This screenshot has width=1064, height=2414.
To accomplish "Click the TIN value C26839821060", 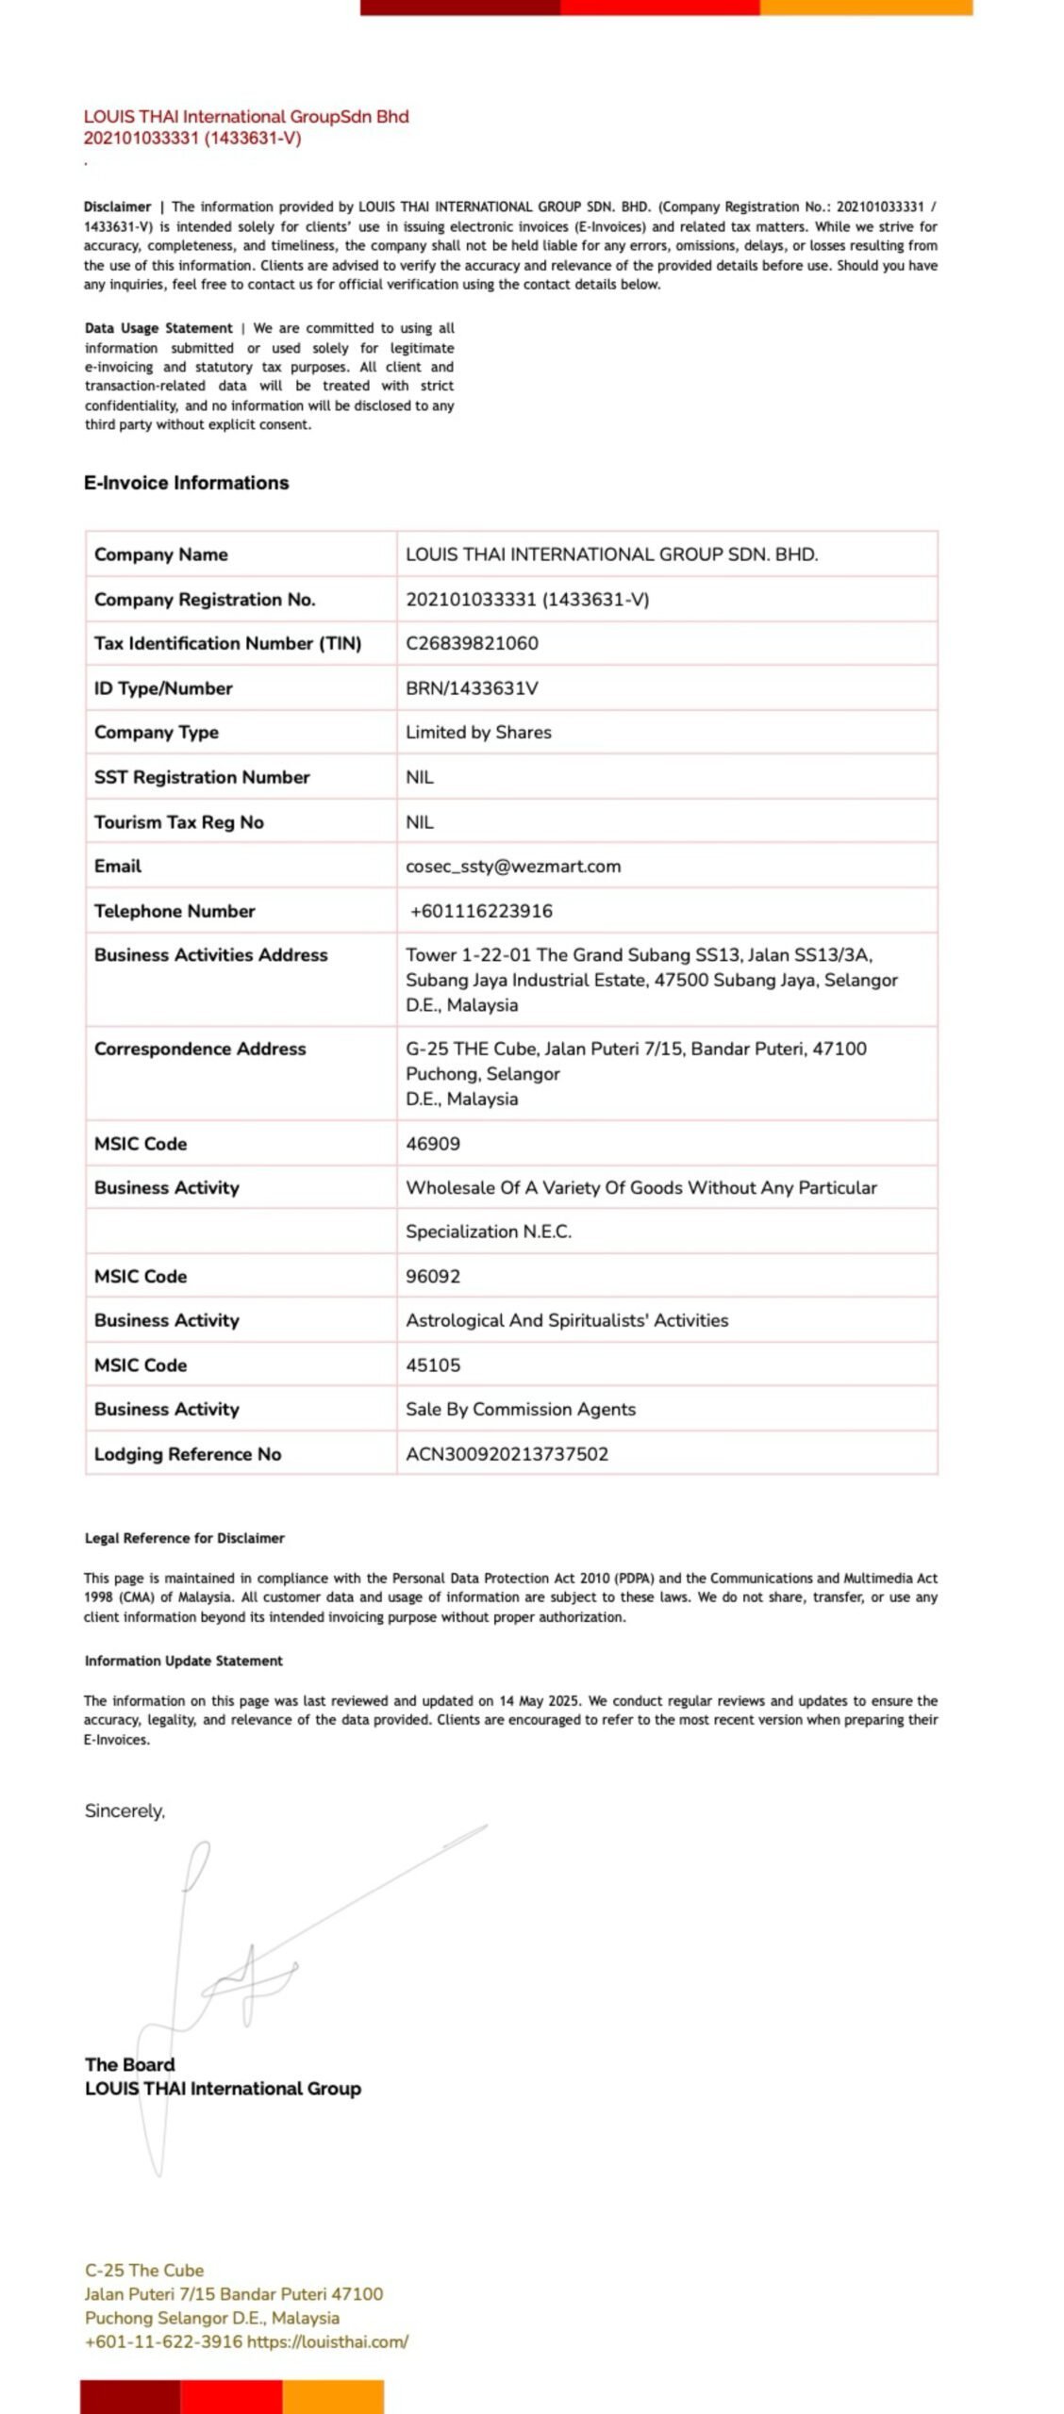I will [x=472, y=643].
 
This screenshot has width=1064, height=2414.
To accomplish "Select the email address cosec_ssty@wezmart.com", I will [x=513, y=866].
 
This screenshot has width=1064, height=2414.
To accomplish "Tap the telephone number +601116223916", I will [x=481, y=911].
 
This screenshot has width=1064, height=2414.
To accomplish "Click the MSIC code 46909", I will [x=433, y=1144].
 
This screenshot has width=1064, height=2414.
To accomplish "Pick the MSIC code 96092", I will [x=433, y=1276].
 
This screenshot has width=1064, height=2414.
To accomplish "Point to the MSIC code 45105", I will [x=433, y=1364].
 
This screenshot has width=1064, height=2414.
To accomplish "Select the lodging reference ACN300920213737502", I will [x=507, y=1453].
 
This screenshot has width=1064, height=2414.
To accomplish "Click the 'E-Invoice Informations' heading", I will [x=186, y=483].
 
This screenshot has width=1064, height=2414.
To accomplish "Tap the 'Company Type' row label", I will [x=156, y=732].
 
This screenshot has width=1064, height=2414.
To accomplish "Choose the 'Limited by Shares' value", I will [x=478, y=732].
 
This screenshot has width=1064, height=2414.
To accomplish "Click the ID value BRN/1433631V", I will [x=472, y=687].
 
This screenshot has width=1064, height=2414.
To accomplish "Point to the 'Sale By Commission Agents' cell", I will [x=521, y=1409].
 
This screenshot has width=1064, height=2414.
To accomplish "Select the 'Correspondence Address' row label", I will [x=200, y=1049].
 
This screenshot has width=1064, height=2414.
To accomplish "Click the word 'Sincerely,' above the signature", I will [x=125, y=1810].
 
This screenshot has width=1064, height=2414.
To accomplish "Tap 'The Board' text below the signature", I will [x=129, y=2064].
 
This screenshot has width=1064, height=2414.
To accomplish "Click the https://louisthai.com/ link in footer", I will [x=327, y=2340].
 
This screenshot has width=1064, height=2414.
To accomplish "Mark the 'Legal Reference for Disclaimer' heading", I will [x=184, y=1538].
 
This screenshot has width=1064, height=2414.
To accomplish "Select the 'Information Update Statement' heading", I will [x=183, y=1661].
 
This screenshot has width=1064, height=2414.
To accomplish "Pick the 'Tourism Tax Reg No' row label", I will [x=178, y=821].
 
